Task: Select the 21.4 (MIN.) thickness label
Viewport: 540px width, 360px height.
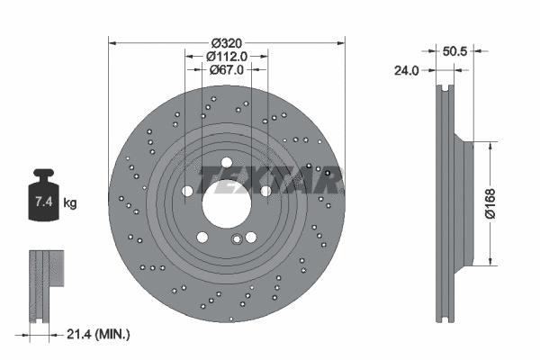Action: coord(100,334)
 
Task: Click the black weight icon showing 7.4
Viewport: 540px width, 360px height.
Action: coord(42,196)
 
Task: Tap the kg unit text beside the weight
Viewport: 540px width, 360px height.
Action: coord(69,203)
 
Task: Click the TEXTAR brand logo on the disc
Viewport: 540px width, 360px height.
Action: coord(270,179)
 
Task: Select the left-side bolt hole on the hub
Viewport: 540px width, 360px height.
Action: coord(186,191)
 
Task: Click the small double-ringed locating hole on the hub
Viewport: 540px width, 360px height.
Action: coord(237,238)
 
